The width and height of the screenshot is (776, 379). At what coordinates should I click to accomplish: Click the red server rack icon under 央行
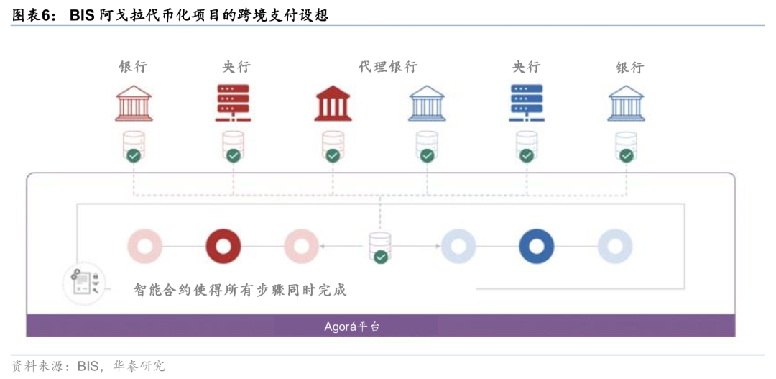click(x=233, y=103)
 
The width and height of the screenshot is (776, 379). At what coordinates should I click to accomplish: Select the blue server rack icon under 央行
click(x=526, y=103)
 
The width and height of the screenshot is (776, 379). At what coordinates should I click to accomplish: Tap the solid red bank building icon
click(x=333, y=103)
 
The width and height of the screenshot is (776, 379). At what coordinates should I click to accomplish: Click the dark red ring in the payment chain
click(x=223, y=246)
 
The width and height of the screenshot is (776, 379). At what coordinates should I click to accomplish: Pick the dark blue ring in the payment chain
click(x=537, y=246)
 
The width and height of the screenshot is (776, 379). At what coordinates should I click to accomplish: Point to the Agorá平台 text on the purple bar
click(x=352, y=327)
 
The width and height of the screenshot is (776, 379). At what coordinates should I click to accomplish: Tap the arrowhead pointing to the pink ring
click(x=322, y=246)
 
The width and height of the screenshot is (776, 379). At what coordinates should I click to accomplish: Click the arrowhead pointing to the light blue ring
click(x=438, y=246)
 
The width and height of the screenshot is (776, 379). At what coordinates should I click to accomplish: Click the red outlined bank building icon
click(x=134, y=103)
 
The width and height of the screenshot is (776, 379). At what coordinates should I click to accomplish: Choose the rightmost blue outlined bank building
click(x=626, y=103)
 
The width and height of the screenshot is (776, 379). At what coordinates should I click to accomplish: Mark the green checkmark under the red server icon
click(x=233, y=155)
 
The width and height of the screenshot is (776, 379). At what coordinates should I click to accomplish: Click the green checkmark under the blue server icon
click(x=526, y=155)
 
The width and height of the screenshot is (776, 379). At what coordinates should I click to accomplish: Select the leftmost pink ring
click(x=145, y=246)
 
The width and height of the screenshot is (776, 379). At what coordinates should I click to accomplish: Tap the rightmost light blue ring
click(x=614, y=246)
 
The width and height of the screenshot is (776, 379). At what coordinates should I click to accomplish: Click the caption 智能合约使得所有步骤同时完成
click(x=241, y=290)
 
